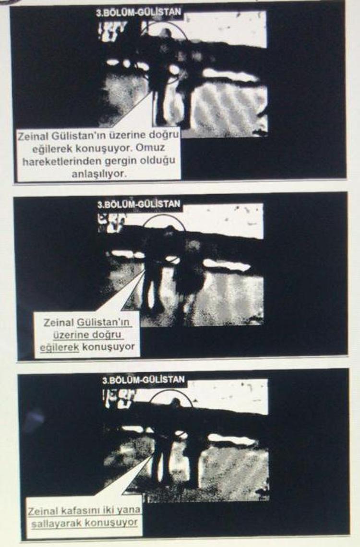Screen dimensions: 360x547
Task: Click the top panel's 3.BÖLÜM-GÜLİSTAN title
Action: (139, 12)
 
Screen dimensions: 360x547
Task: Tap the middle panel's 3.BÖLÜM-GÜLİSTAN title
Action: (139, 204)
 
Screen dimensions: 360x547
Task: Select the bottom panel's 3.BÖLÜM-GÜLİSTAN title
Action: (144, 379)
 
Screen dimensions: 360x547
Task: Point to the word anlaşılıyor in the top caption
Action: (99, 174)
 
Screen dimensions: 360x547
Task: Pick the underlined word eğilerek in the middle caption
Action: (60, 347)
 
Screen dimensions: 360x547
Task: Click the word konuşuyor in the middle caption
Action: (108, 347)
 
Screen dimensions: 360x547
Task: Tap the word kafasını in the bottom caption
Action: (79, 511)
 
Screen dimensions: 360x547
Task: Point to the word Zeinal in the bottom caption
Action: (43, 512)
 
